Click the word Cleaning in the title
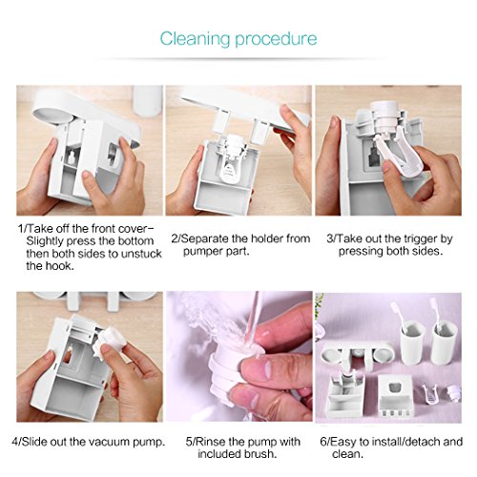(x=195, y=39)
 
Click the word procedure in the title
(x=276, y=39)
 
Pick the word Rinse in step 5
(x=210, y=442)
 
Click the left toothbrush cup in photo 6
(x=412, y=342)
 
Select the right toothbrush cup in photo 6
(x=444, y=342)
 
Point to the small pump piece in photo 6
(x=452, y=393)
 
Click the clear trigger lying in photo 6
(x=431, y=394)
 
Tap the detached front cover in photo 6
(x=395, y=395)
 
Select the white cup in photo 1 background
(x=148, y=100)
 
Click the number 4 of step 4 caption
(x=15, y=442)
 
